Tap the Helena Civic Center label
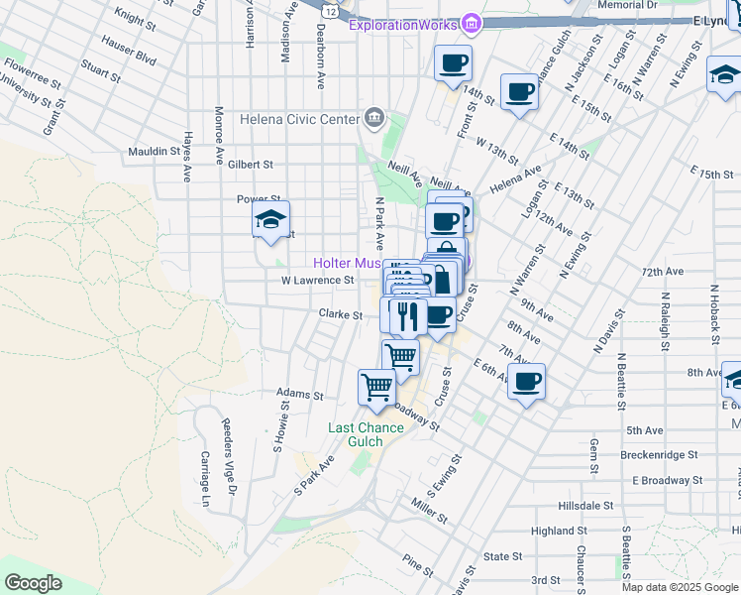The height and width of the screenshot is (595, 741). pos(299,120)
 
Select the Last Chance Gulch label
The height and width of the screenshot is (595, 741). pos(367,434)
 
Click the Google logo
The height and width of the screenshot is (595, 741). pos(33,583)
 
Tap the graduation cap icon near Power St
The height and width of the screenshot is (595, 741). pos(270,221)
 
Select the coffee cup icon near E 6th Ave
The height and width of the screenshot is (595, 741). pos(527,381)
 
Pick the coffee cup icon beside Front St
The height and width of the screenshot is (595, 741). pos(454,63)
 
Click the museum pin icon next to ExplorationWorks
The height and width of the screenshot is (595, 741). pos(472,23)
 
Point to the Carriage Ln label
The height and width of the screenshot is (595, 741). pos(206,479)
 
